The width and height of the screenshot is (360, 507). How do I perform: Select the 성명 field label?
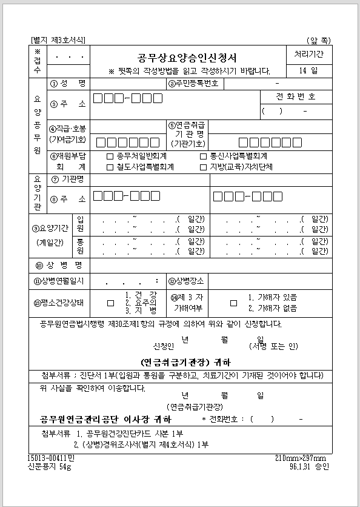point(68,83)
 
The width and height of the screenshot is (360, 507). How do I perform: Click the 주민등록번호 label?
point(193,83)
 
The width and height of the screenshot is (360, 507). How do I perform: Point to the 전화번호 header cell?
point(296,97)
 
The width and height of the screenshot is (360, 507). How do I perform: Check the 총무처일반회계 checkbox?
point(110,156)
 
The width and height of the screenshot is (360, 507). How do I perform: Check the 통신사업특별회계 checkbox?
point(204,156)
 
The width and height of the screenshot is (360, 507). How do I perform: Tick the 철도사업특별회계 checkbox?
point(110,167)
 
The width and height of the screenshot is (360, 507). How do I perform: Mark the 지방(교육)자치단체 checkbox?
point(204,167)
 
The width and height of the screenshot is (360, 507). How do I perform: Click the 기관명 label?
point(68,180)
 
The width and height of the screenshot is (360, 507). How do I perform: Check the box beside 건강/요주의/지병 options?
point(110,303)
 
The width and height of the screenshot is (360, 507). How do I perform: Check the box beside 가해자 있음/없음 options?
point(233,303)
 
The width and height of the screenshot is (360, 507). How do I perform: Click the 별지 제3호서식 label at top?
point(58,40)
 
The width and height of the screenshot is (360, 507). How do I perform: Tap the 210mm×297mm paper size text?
point(301,458)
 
